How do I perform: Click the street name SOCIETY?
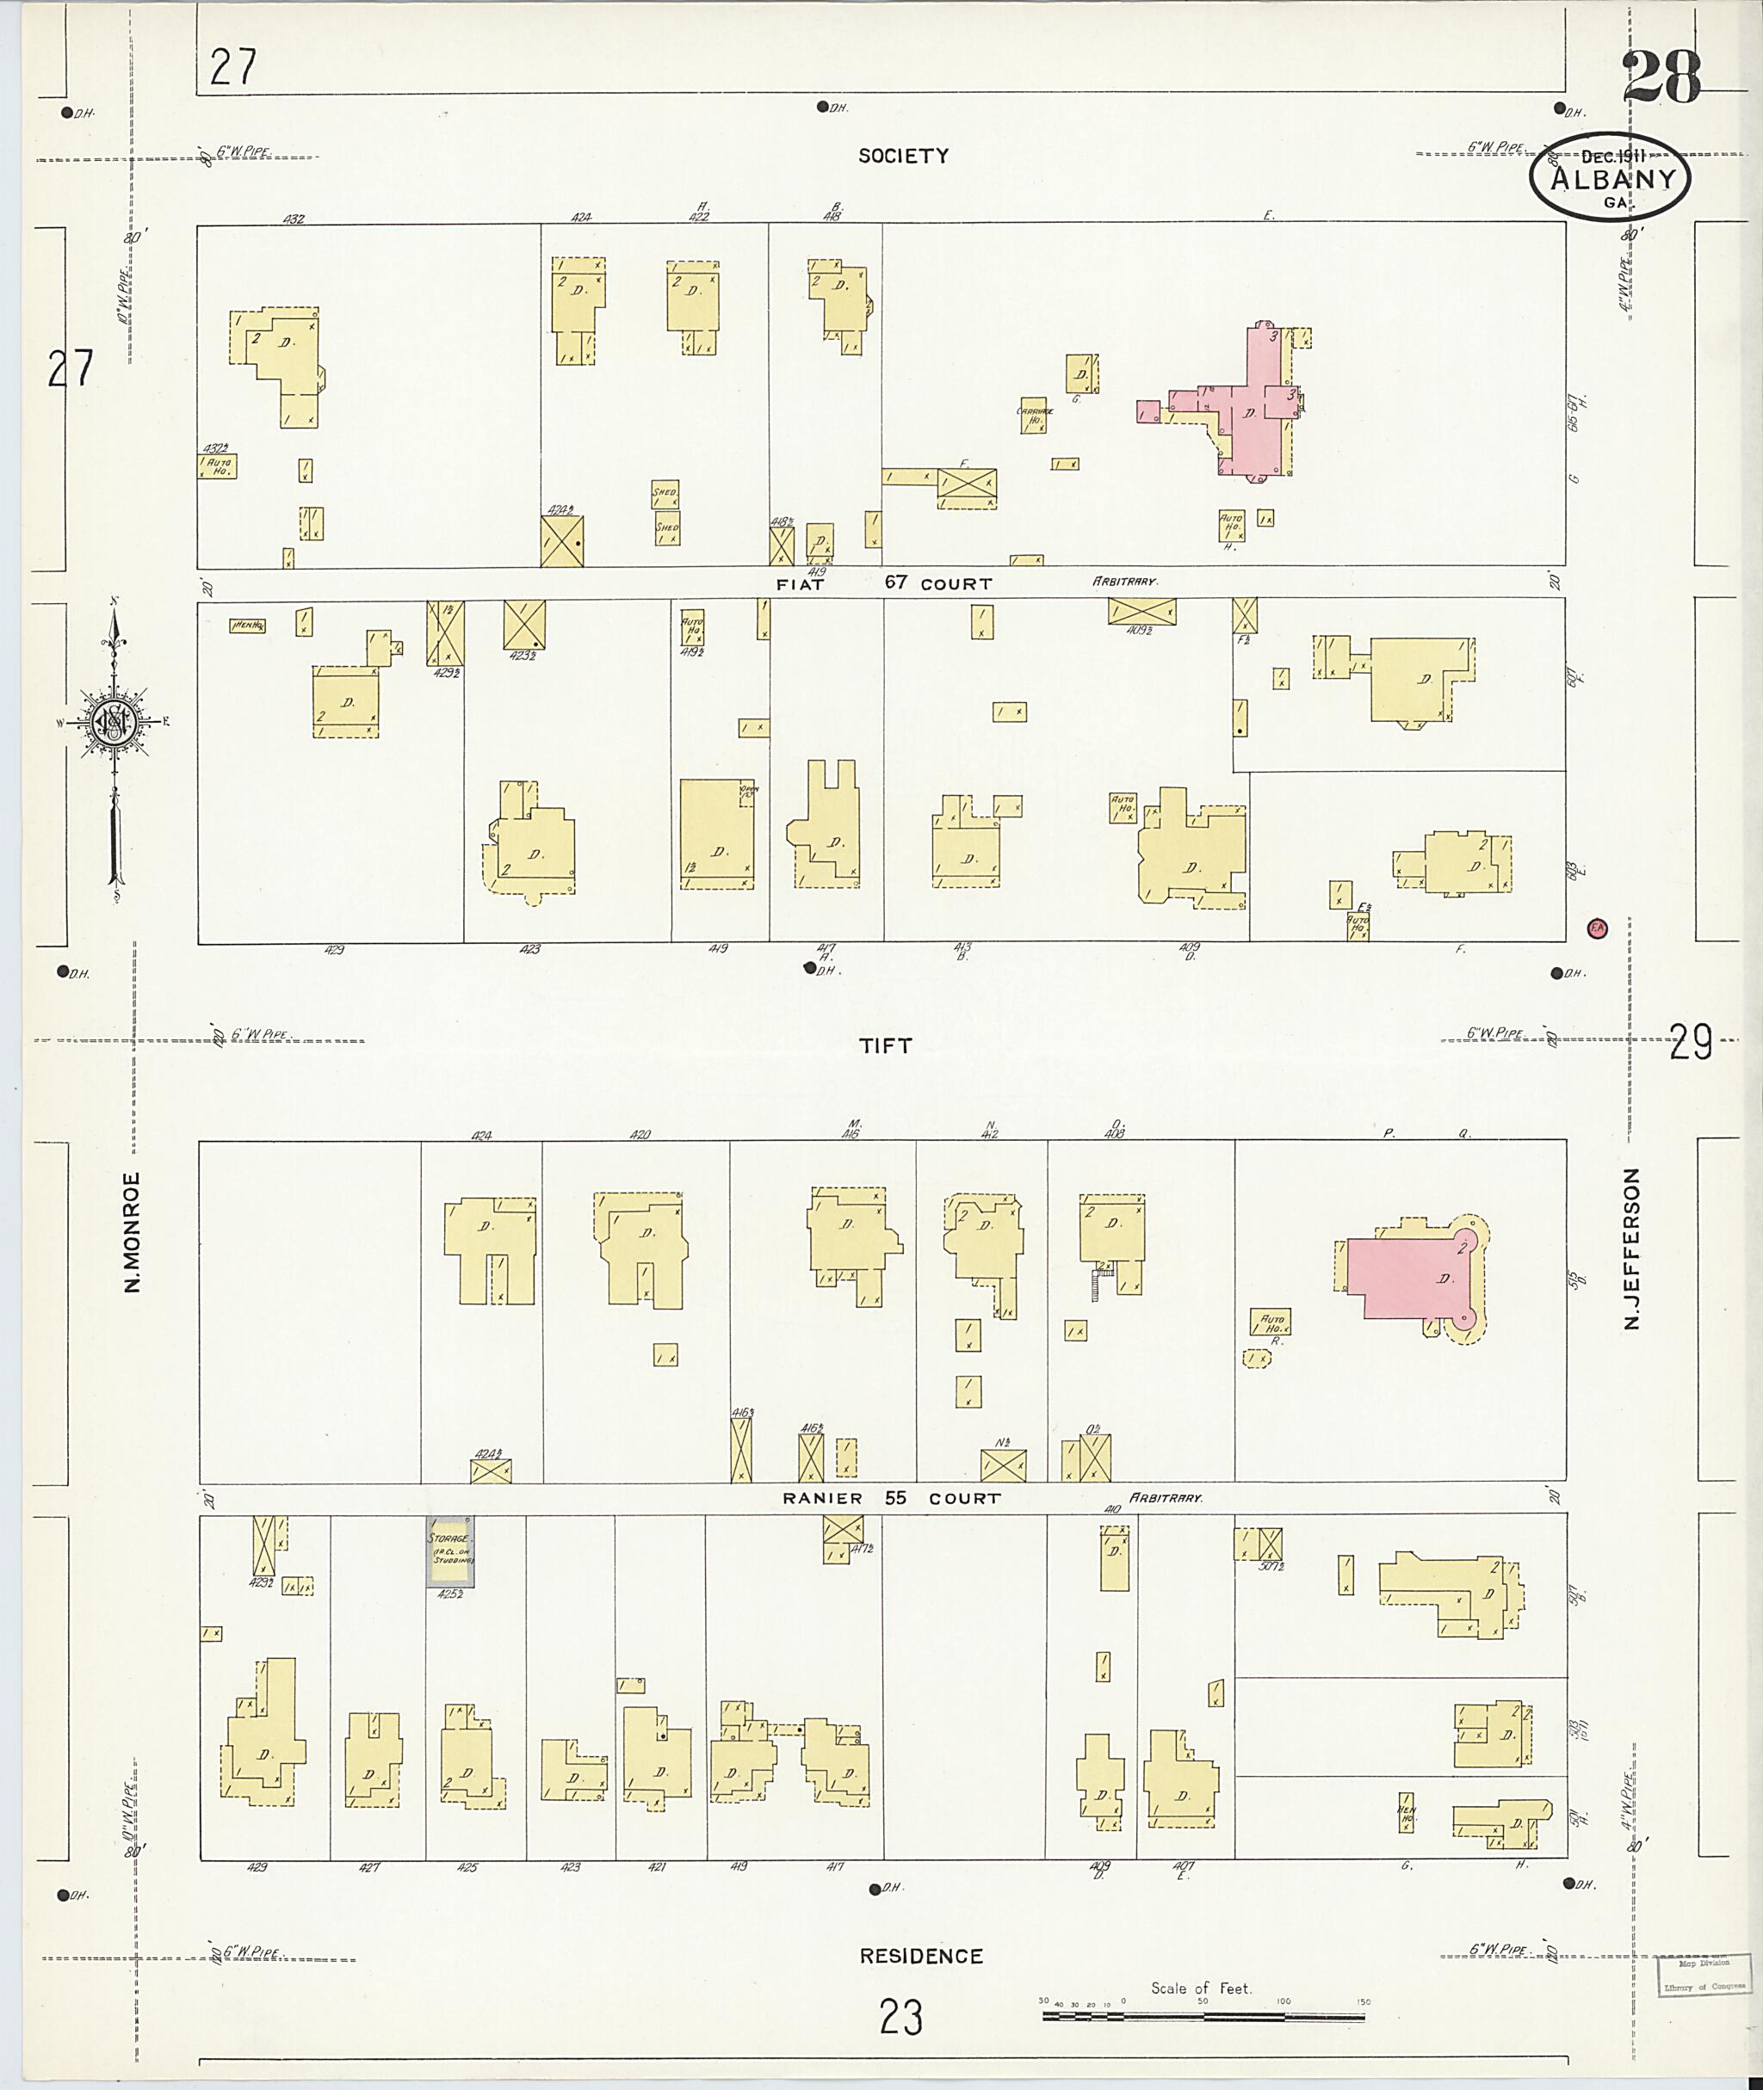click(x=902, y=156)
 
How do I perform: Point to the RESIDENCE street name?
click(x=920, y=1956)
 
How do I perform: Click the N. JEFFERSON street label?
click(x=1633, y=1248)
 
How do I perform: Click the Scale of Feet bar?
click(x=1203, y=2016)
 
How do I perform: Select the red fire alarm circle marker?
click(x=1597, y=928)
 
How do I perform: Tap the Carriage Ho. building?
click(x=1033, y=416)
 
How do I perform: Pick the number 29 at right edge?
click(x=1690, y=1042)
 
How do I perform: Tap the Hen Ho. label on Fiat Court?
click(x=247, y=626)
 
